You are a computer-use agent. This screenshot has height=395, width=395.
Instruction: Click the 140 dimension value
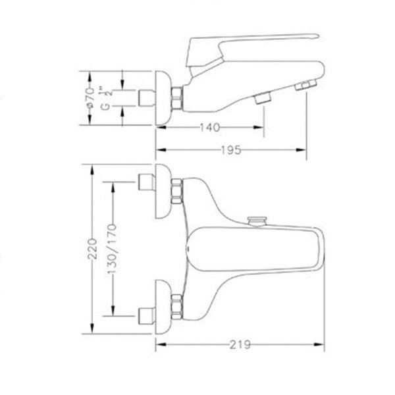pyautogui.click(x=209, y=128)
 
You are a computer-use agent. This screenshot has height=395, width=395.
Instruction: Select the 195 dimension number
pyautogui.click(x=231, y=150)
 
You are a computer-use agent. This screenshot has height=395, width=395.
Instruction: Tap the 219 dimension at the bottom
pyautogui.click(x=240, y=344)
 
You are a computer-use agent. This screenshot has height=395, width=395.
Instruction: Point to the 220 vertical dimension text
pyautogui.click(x=92, y=249)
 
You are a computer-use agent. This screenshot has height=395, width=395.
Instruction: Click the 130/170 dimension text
pyautogui.click(x=113, y=249)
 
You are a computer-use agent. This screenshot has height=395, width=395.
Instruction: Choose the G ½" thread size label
pyautogui.click(x=106, y=99)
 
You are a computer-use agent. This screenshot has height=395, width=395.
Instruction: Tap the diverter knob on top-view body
pyautogui.click(x=257, y=221)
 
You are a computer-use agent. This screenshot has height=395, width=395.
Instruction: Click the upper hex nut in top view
pyautogui.click(x=176, y=191)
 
